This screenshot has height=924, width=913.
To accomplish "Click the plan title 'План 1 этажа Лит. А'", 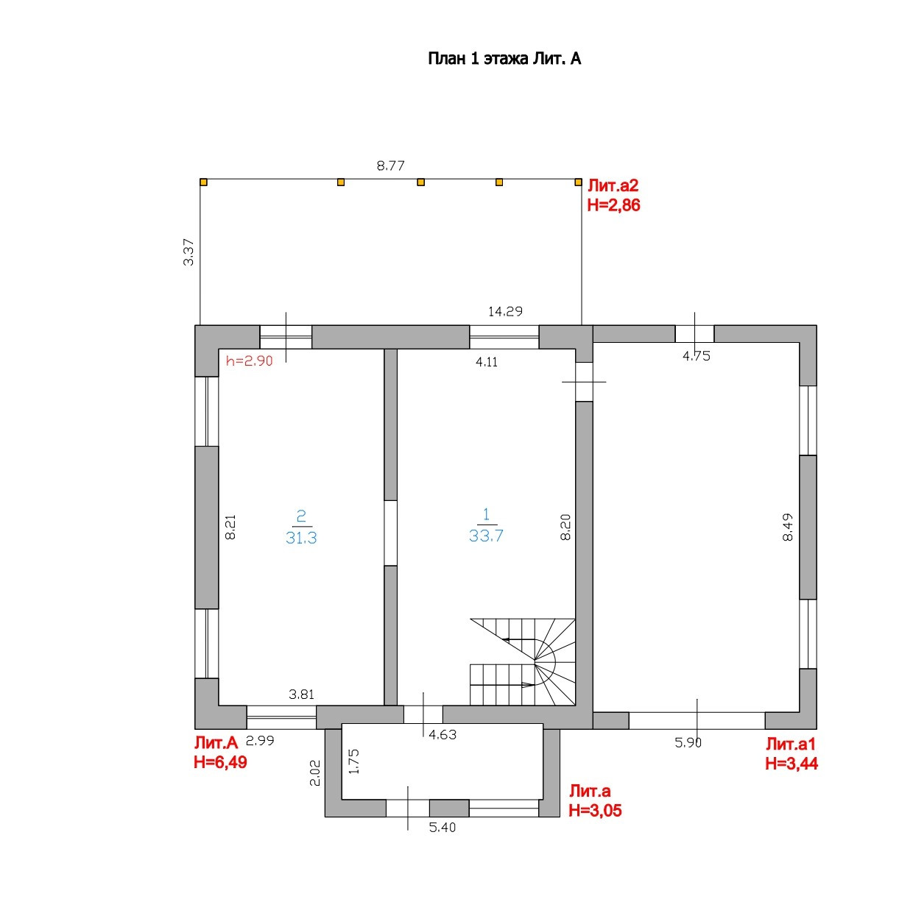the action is click(x=504, y=59).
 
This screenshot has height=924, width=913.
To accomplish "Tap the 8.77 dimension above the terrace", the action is click(x=390, y=166).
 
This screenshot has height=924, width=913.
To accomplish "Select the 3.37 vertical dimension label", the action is click(x=189, y=252).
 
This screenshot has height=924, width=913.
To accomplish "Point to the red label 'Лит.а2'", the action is click(x=613, y=186).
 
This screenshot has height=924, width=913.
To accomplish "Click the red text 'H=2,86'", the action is click(x=613, y=205).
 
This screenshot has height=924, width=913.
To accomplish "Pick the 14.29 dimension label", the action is click(x=505, y=311).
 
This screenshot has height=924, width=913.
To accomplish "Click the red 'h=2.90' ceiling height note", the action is click(x=249, y=361).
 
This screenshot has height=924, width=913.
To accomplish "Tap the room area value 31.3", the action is click(x=301, y=538).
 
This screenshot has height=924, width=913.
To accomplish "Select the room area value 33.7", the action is click(x=486, y=536).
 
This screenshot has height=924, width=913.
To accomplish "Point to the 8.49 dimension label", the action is click(x=788, y=527).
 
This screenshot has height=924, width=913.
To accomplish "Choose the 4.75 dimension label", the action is click(x=696, y=356).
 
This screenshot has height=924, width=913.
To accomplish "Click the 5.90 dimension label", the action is click(x=688, y=742).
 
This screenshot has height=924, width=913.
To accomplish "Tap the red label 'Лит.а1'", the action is click(x=791, y=744).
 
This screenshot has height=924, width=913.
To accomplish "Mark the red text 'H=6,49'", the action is click(x=220, y=762).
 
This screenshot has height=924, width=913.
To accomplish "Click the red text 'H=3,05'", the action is click(x=595, y=811).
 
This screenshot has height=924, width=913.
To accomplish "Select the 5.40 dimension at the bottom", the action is click(x=442, y=828).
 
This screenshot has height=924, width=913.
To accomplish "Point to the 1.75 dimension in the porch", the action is click(x=354, y=761).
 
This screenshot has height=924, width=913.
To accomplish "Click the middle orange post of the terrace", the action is click(x=420, y=182).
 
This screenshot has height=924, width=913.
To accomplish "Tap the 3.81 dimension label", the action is click(x=301, y=694).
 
